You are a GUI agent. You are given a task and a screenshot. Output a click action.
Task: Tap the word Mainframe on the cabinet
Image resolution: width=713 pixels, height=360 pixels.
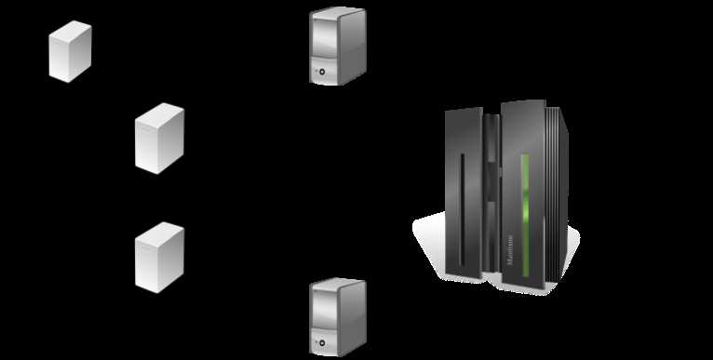click(513, 251)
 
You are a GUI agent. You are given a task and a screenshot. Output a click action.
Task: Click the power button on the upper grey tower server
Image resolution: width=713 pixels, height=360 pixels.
click(321, 71)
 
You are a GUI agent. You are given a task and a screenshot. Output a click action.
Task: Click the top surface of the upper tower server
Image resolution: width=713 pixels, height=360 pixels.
click(337, 12)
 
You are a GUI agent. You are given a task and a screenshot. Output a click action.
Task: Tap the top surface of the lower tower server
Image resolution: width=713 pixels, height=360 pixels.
click(337, 283)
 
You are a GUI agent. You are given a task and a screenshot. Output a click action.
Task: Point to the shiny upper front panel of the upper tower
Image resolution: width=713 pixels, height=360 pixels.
click(323, 37)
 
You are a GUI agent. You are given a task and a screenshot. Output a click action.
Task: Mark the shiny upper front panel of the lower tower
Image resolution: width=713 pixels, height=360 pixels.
click(323, 308)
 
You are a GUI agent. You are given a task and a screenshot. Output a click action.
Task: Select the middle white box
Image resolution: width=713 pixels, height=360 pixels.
click(159, 139)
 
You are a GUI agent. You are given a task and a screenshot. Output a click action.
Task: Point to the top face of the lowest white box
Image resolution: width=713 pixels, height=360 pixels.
click(160, 232)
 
